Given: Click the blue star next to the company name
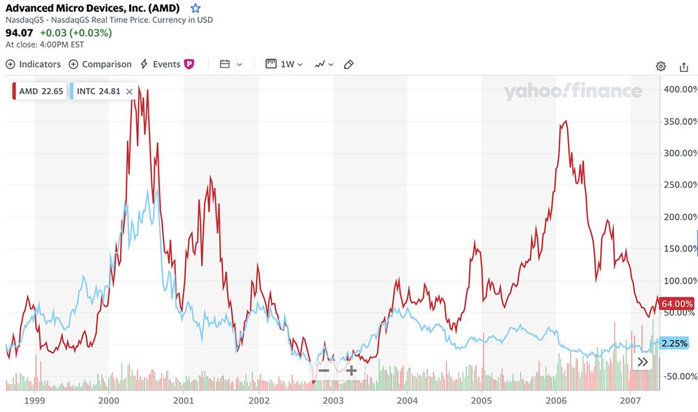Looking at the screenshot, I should point(195,8).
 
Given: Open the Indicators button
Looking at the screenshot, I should point(34,64).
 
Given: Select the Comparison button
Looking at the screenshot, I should point(100,64).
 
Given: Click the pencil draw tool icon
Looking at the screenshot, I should point(349,64).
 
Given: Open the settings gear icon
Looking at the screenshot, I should point(660,66).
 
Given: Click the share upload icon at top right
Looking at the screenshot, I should point(683,66).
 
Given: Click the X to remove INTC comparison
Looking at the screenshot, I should point(129,91).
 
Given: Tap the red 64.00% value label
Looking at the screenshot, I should point(676,304).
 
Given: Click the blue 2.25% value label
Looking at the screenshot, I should point(674,343).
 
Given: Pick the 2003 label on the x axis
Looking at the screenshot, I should point(333,402).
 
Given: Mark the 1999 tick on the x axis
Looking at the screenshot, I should point(34,402).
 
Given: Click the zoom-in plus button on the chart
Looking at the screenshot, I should point(351,370).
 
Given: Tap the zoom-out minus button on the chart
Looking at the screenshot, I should point(324,370).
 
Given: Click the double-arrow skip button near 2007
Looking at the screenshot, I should point(643,362).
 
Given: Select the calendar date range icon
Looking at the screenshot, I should point(225,64).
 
